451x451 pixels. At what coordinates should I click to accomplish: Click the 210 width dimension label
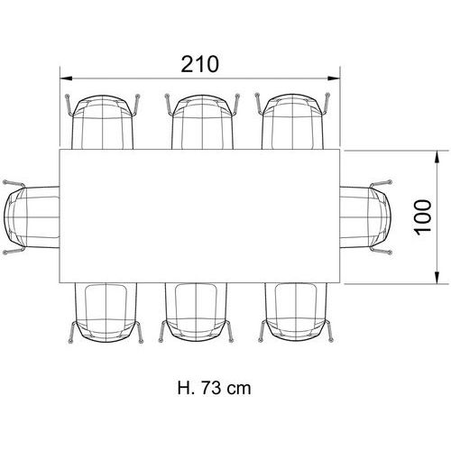coord(199,64)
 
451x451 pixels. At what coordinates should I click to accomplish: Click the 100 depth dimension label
coord(423,216)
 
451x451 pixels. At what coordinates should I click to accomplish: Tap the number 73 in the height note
coord(210,388)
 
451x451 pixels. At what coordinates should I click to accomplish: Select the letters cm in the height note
coord(238,390)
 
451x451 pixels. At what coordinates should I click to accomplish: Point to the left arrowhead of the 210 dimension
coord(66,78)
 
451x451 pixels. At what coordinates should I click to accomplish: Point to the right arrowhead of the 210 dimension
coord(334,78)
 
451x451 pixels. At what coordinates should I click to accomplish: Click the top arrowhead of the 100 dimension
coord(437,157)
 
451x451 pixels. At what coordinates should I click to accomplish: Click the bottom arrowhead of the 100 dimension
coord(437,277)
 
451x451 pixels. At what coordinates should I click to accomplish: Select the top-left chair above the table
coord(103,122)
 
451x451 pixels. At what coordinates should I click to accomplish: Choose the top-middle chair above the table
coord(202,122)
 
